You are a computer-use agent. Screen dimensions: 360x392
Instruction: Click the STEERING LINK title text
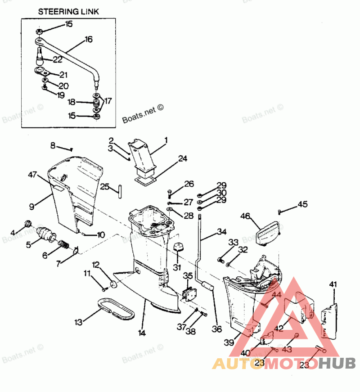(x=68, y=11)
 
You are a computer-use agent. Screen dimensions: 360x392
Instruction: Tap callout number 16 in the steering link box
(x=88, y=40)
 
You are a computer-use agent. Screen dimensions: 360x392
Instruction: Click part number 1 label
(x=166, y=140)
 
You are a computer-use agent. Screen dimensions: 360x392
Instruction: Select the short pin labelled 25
(x=121, y=190)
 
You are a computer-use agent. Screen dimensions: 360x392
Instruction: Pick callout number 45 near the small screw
(x=302, y=205)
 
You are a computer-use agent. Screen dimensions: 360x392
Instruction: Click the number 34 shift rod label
(x=221, y=232)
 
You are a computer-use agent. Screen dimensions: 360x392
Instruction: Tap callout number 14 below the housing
(x=142, y=333)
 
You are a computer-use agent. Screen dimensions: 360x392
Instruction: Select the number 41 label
(x=333, y=284)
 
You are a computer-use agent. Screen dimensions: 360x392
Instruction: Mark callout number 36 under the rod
(x=216, y=329)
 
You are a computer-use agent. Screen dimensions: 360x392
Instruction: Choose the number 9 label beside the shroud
(x=32, y=207)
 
